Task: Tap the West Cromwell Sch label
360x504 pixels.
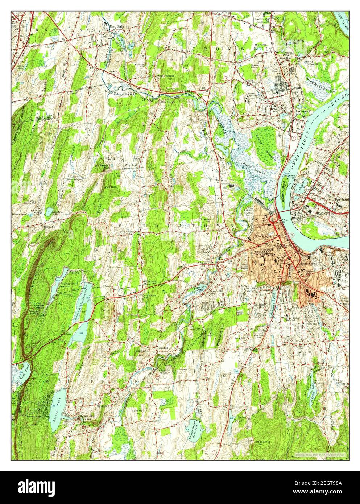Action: click(x=165, y=77)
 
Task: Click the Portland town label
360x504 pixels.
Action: click(x=342, y=199)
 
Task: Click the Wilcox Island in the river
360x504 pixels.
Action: click(x=283, y=189)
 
